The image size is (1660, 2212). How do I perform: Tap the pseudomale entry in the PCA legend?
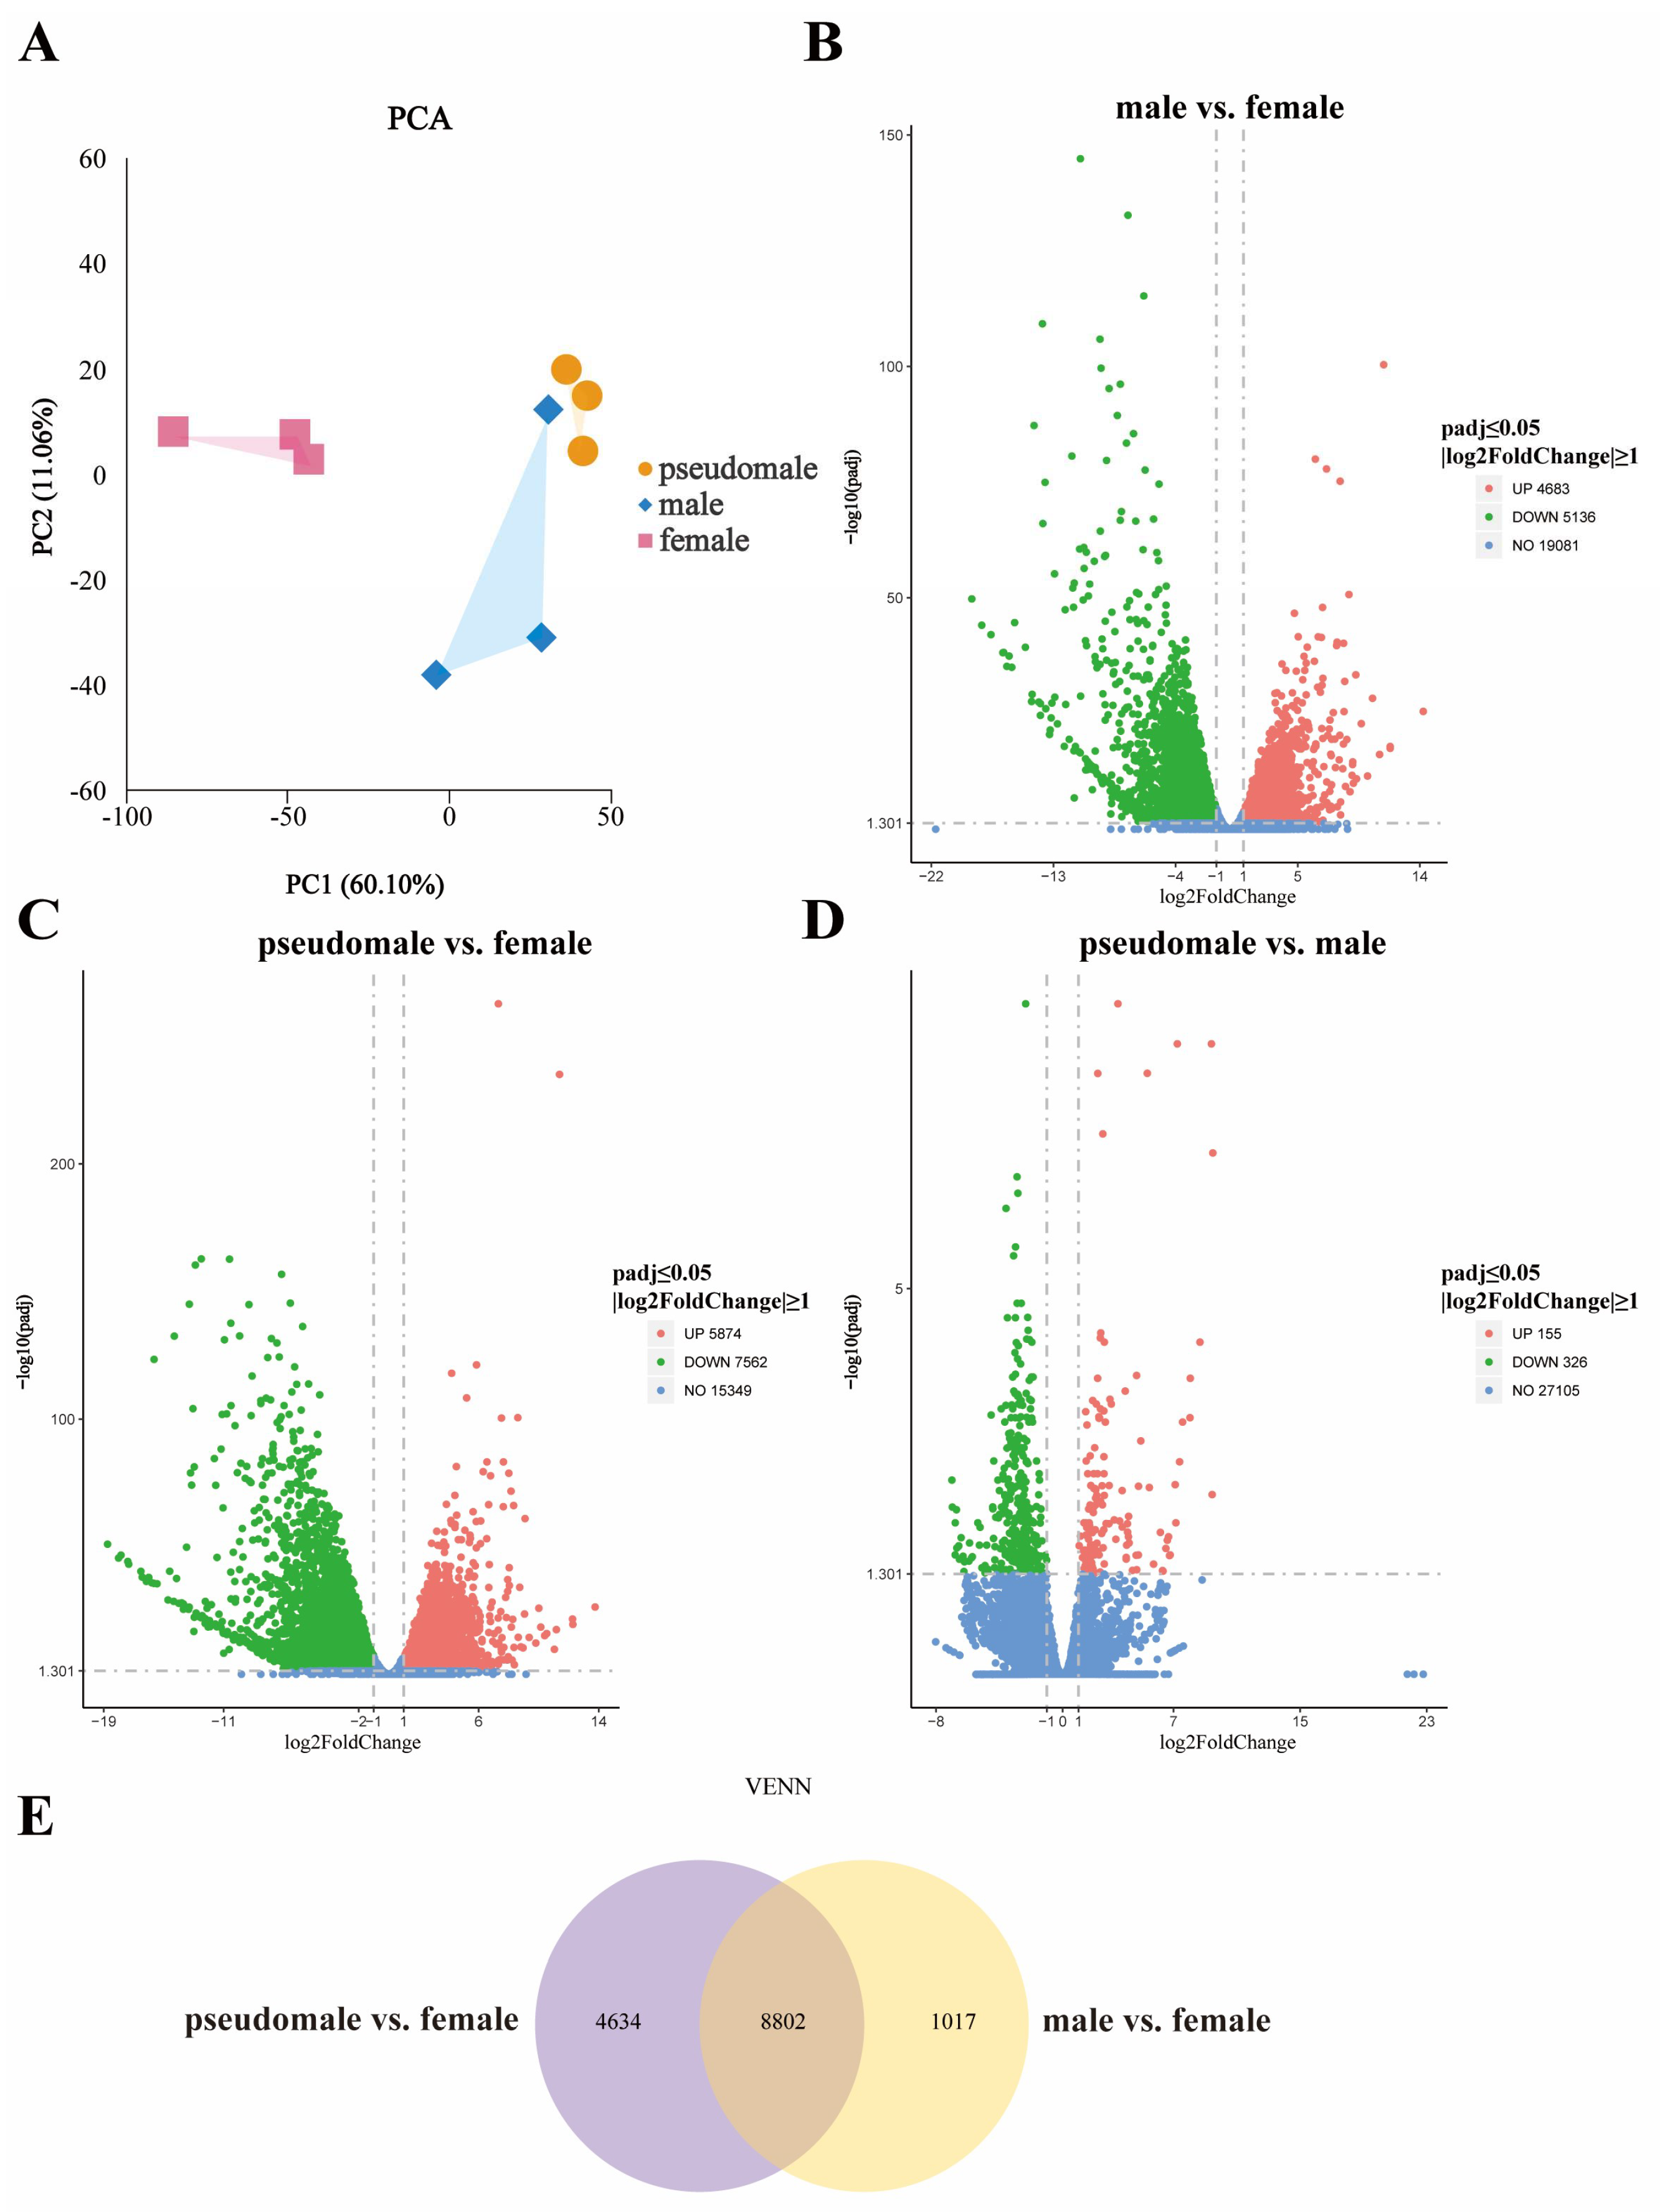[728, 468]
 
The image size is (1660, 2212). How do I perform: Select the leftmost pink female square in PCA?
[173, 431]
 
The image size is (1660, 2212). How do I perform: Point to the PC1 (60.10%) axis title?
[364, 884]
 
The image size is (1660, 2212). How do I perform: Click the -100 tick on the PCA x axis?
[127, 817]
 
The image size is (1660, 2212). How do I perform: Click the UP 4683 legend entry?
[1530, 488]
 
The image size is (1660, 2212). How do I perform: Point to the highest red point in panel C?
[498, 1003]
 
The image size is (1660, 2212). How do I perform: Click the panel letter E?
[36, 1817]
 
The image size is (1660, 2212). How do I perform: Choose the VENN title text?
[778, 1786]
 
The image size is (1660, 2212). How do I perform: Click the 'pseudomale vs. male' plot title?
[1232, 943]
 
